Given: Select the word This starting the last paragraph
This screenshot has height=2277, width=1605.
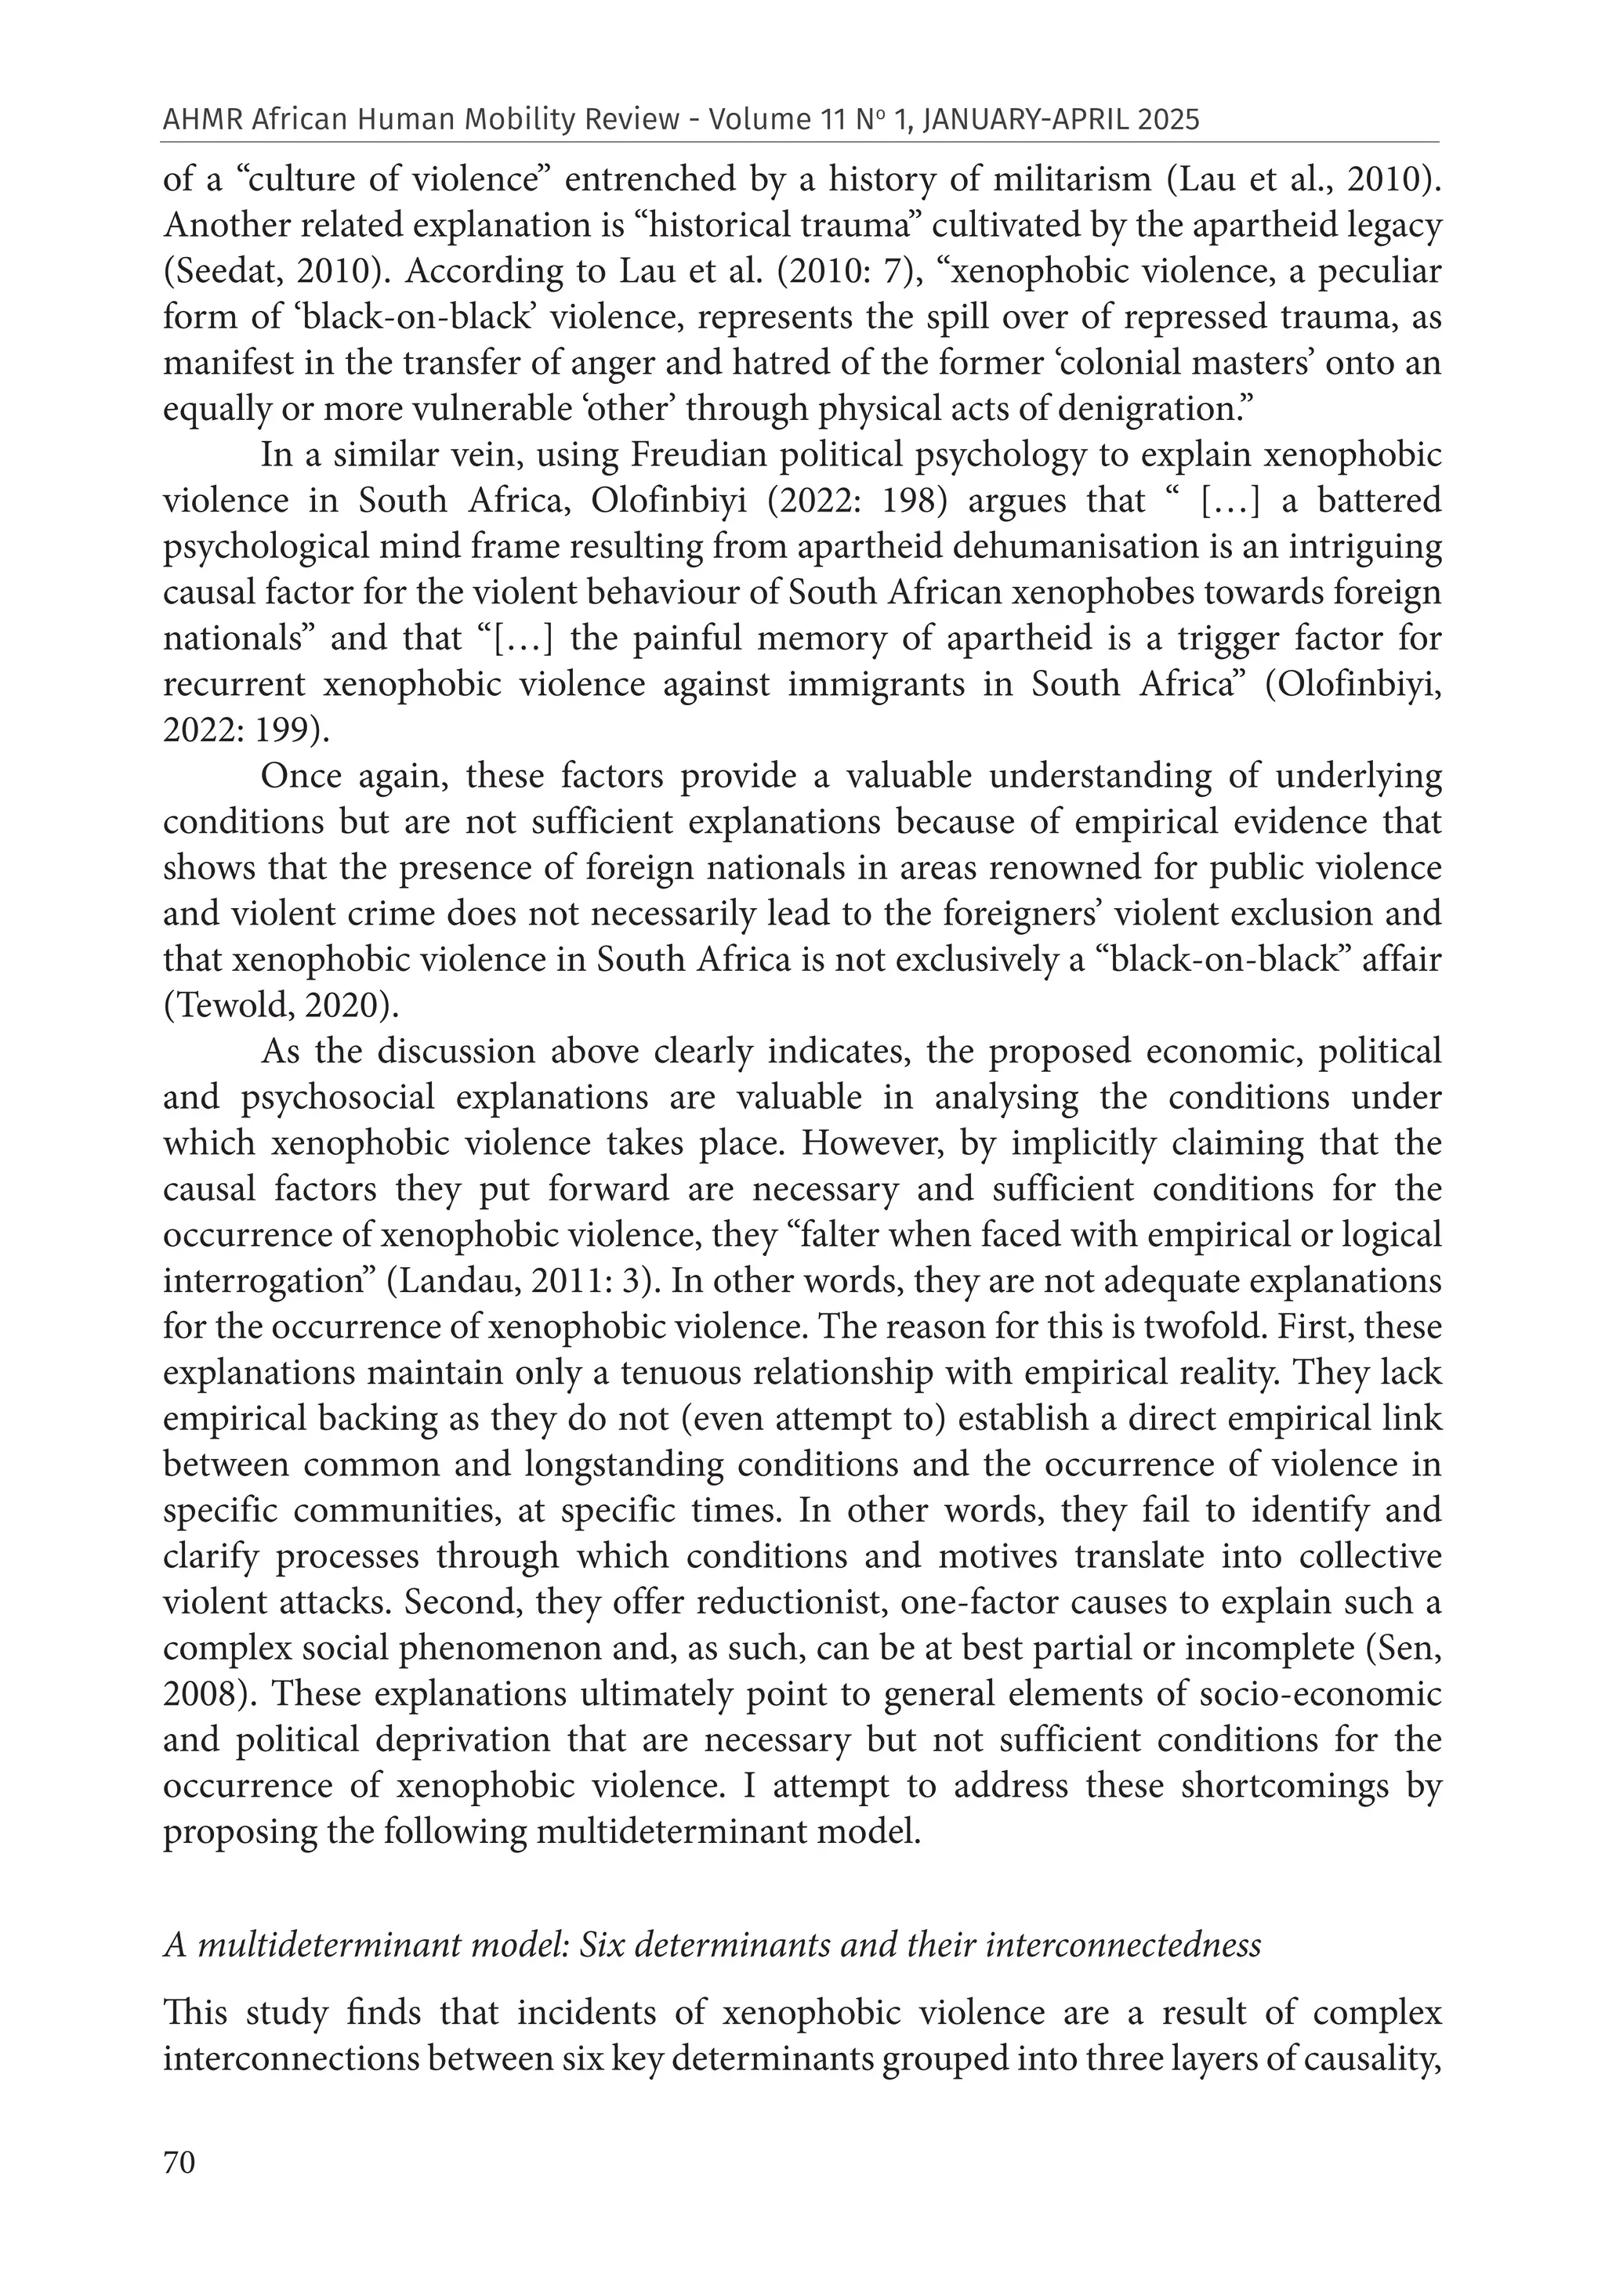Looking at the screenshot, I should pyautogui.click(x=195, y=2015).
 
